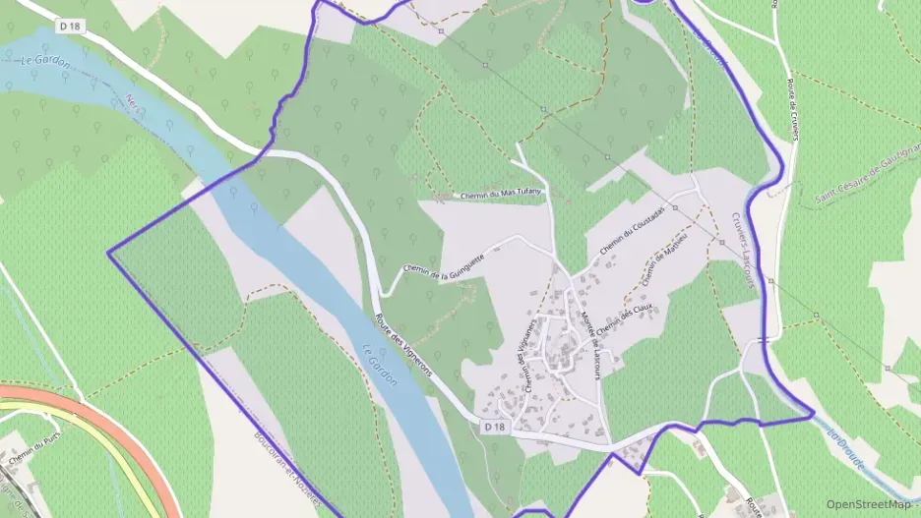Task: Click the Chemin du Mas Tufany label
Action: click(x=502, y=194)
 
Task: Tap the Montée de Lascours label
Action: click(x=590, y=340)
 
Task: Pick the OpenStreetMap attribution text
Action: click(x=869, y=504)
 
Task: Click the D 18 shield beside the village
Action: click(x=494, y=428)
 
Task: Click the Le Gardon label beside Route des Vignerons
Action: click(x=379, y=365)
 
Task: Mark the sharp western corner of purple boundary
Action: click(x=108, y=253)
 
